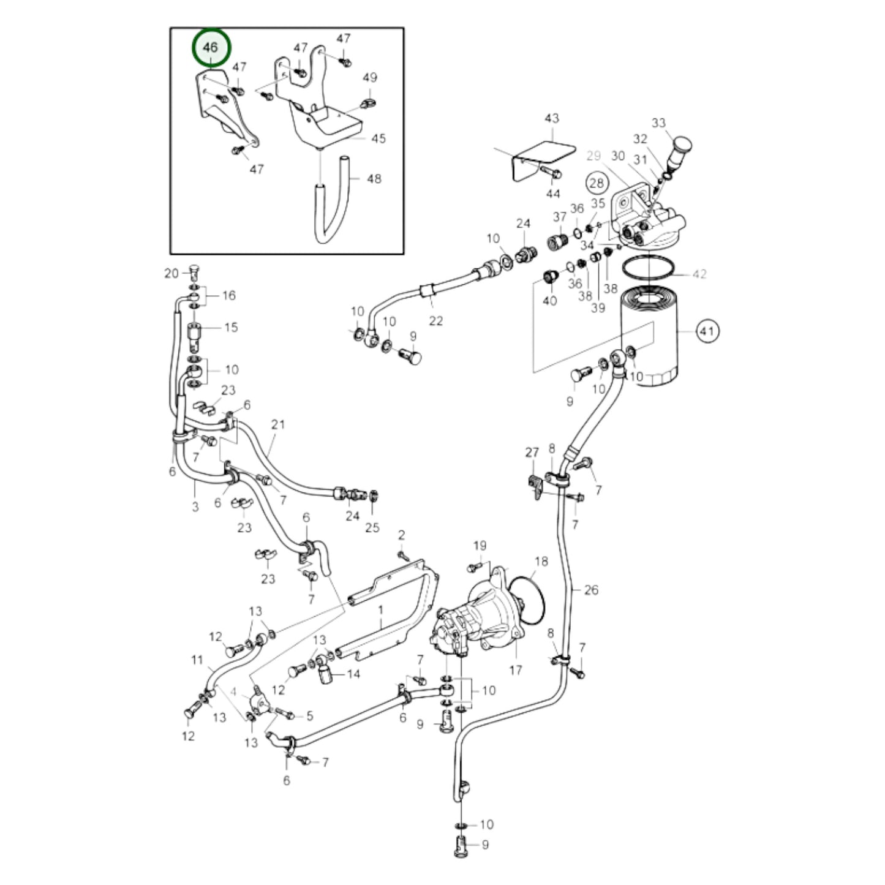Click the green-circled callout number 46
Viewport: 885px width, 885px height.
(211, 47)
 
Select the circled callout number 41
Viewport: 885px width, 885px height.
(707, 331)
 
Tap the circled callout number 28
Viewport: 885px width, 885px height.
(596, 182)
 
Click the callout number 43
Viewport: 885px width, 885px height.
(552, 118)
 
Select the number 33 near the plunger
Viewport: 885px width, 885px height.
(658, 123)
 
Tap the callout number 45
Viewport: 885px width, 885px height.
(378, 138)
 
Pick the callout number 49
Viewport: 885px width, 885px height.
(370, 78)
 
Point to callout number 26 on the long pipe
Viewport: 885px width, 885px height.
(591, 590)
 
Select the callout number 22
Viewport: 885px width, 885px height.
(435, 320)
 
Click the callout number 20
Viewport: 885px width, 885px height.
(171, 273)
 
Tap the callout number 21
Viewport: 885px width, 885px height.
(278, 424)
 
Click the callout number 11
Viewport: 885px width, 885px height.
(197, 660)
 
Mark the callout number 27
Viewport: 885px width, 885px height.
(532, 453)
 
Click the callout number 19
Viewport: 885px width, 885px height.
(480, 545)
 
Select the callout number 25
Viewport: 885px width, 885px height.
(372, 527)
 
